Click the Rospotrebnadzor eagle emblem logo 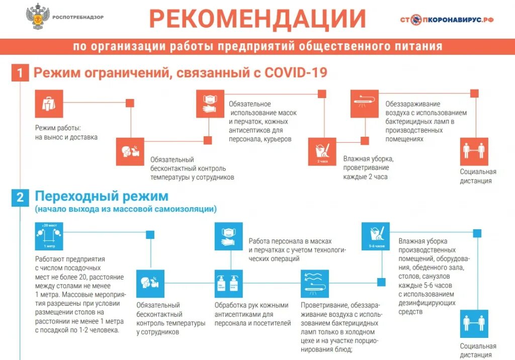coord(37,17)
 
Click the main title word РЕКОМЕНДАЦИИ coord(257,20)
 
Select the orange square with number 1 coord(20,73)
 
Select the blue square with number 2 coord(20,197)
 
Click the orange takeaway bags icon coord(49,104)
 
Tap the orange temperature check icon coord(130,151)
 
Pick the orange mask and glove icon coord(210,104)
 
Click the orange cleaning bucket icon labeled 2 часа coord(322,151)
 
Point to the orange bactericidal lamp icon coord(365,104)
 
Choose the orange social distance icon coord(474,151)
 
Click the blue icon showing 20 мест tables coord(49,236)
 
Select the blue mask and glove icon coord(229,236)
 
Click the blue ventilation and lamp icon coord(314,285)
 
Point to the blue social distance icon coord(474,323)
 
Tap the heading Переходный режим coord(101,196)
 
